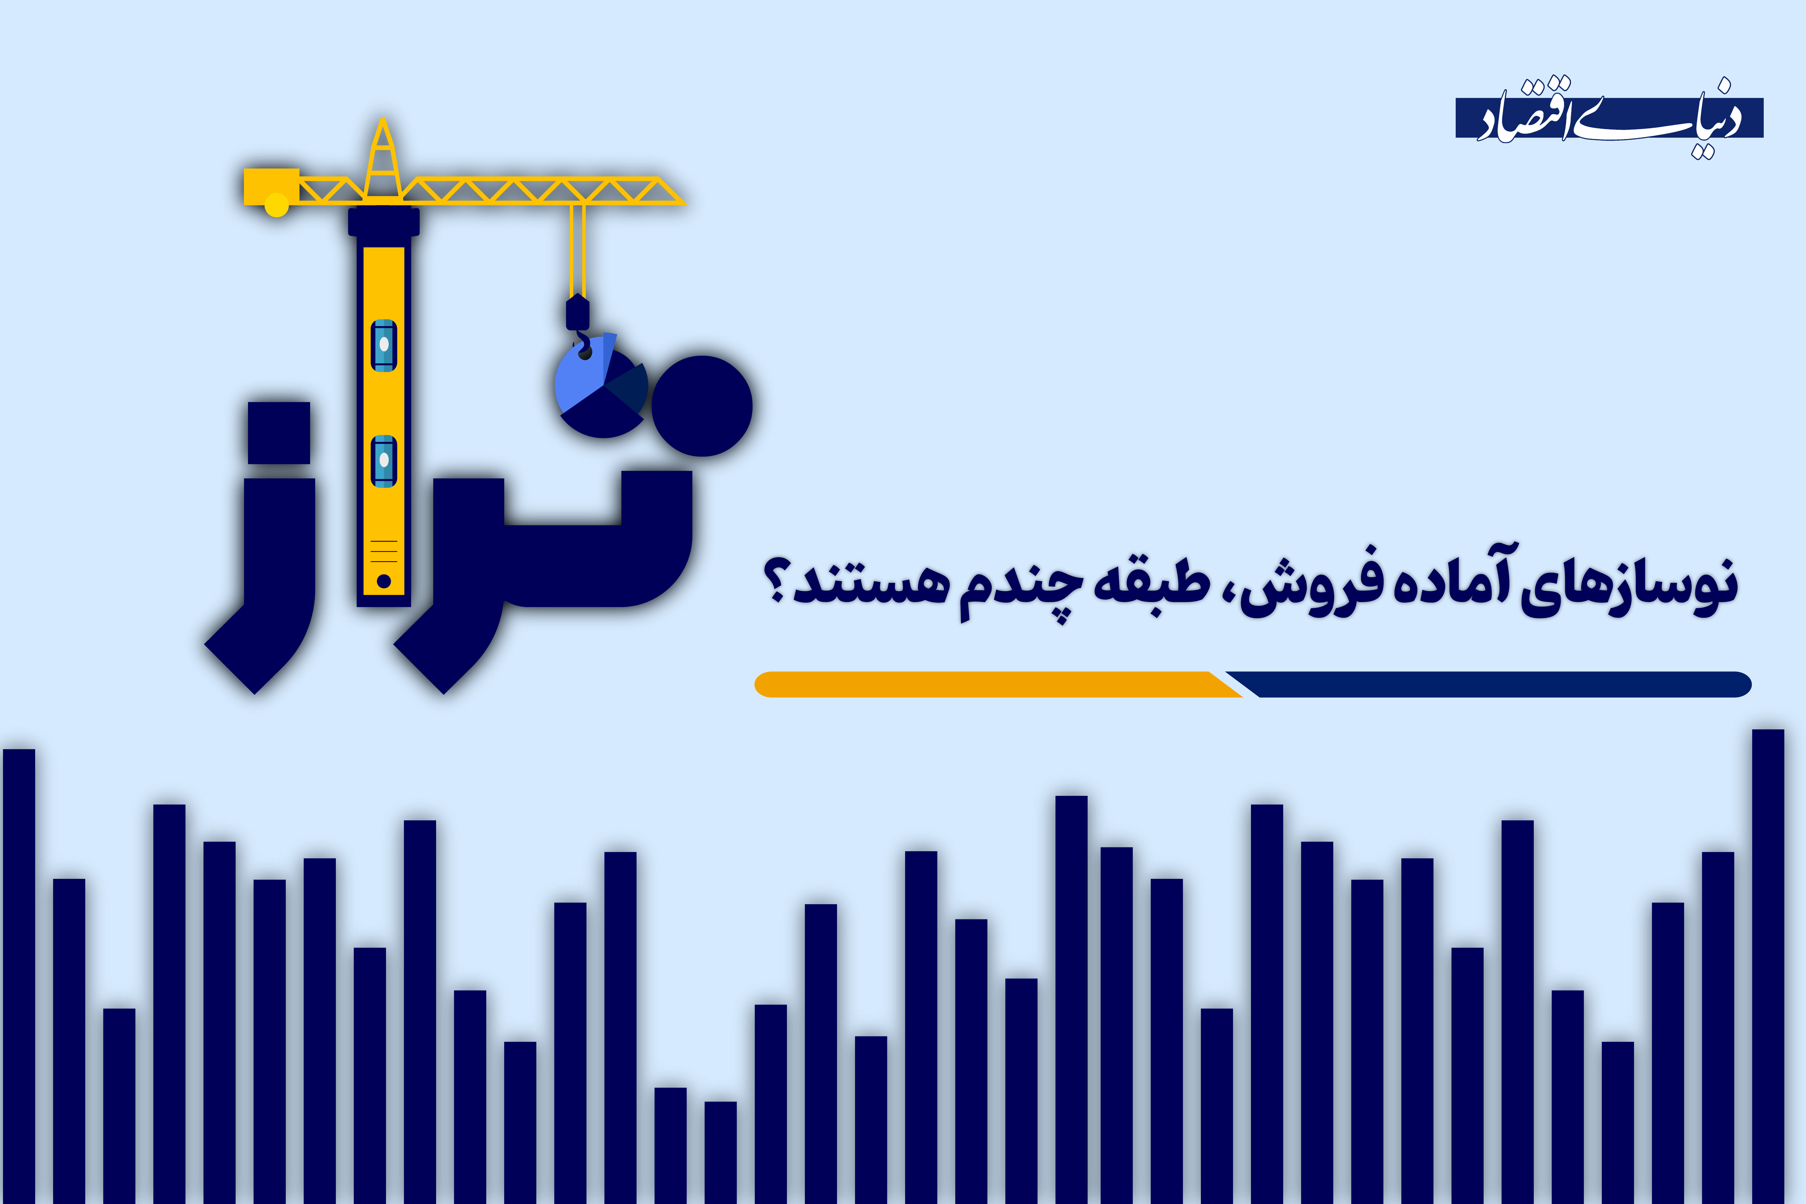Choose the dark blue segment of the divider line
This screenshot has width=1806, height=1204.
pyautogui.click(x=1497, y=684)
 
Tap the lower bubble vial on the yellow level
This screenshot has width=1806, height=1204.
pyautogui.click(x=384, y=461)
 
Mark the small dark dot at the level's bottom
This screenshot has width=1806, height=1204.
pyautogui.click(x=384, y=581)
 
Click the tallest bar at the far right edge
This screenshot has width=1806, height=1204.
pyautogui.click(x=1768, y=960)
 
